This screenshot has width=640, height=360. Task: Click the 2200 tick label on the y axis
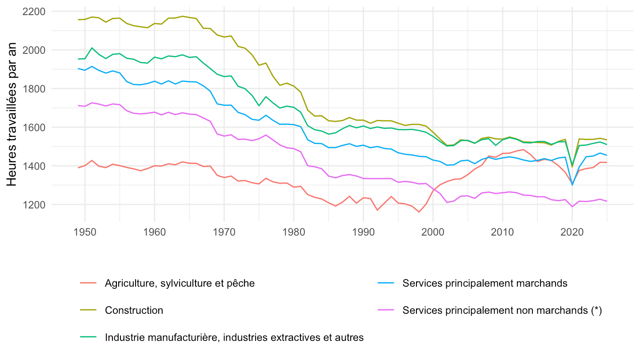34,12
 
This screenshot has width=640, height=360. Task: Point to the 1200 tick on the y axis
34,205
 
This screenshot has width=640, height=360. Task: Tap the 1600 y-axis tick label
34,128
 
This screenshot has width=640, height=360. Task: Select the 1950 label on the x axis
85,232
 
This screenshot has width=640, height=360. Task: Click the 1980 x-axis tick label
294,232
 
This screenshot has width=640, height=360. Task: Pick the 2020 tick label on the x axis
572,232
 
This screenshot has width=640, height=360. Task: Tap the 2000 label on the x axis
433,232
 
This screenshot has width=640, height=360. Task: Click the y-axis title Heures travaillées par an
12,114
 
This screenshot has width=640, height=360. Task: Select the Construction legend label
134,310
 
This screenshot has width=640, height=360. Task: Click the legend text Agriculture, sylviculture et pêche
180,283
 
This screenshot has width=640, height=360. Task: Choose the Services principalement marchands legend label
485,283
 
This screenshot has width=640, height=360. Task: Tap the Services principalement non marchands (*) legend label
502,310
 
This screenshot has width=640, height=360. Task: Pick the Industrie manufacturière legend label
234,337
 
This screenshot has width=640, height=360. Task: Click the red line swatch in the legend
88,283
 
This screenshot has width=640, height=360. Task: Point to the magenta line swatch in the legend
386,310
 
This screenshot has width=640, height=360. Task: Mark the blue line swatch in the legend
386,283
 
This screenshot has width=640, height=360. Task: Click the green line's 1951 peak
92,48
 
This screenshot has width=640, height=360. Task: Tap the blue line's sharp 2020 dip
572,185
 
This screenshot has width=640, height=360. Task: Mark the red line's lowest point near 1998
419,212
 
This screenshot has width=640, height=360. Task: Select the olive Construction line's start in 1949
78,20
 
